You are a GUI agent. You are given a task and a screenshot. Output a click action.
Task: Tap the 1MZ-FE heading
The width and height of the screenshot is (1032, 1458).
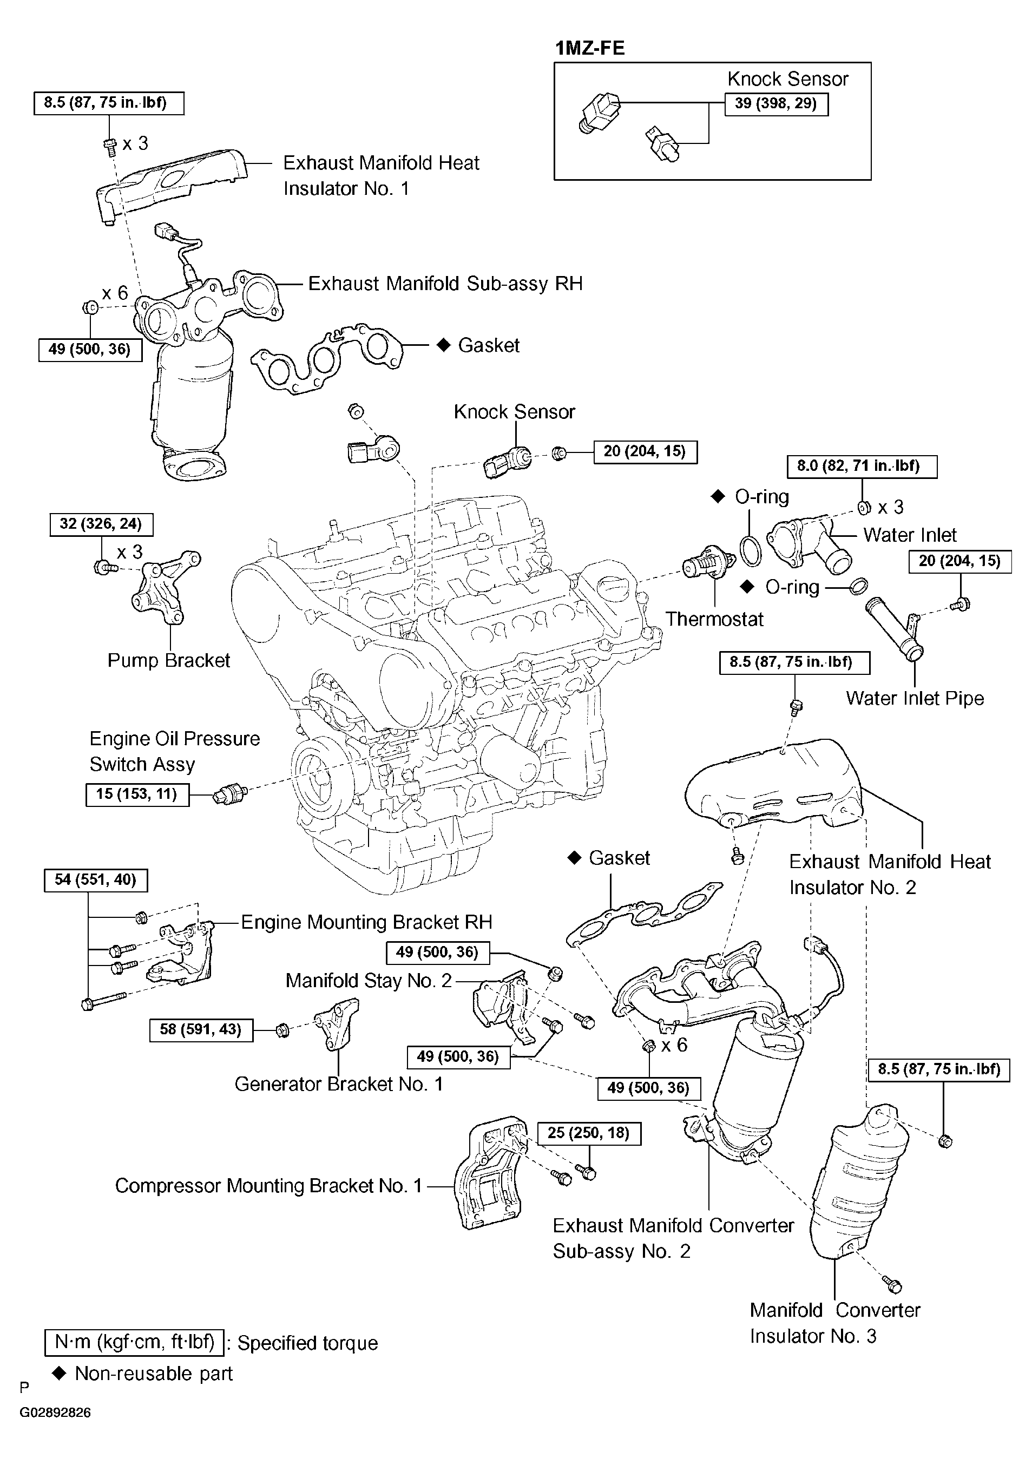[x=590, y=48]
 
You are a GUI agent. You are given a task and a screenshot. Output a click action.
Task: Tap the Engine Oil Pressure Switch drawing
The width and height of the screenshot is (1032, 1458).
[x=231, y=794]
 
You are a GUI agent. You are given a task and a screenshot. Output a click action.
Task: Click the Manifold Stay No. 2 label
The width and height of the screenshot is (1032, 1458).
[x=369, y=981]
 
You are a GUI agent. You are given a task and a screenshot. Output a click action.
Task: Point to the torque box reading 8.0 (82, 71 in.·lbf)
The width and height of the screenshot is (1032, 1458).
[x=862, y=466]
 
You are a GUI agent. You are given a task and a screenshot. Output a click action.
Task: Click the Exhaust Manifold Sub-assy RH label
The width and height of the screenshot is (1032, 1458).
[x=445, y=284]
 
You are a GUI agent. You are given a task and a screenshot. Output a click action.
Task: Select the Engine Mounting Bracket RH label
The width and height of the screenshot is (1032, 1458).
[x=367, y=922]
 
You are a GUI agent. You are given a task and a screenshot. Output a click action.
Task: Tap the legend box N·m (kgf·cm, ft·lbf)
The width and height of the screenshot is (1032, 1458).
[x=134, y=1342]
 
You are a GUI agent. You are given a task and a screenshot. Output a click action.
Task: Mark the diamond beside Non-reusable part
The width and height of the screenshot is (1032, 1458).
[x=59, y=1373]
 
